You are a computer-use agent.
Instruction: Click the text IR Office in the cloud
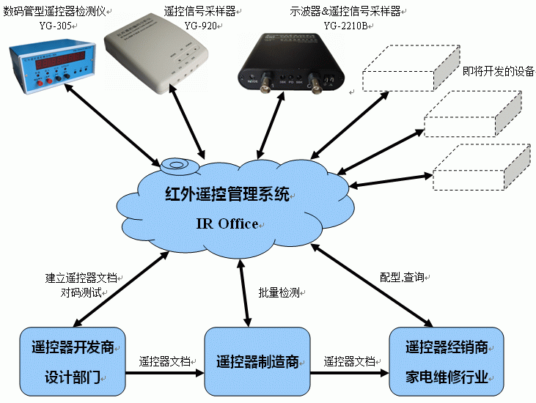coord(227,223)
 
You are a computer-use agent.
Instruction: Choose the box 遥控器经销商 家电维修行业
coord(447,362)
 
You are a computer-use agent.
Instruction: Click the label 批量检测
coord(279,292)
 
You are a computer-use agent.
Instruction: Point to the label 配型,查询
coord(401,278)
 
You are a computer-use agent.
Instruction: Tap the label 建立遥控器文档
coord(81,278)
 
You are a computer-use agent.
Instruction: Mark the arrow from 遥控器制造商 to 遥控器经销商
coord(348,373)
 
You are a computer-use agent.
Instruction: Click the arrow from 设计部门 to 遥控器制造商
coord(165,373)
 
